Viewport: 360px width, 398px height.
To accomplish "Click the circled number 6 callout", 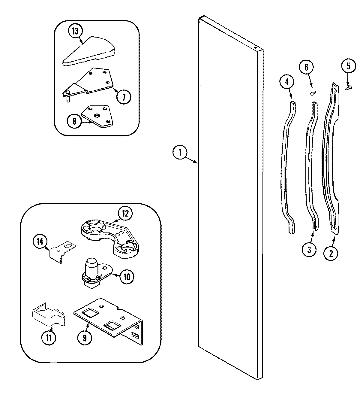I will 306,67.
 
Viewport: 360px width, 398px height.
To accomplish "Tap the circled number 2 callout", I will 331,253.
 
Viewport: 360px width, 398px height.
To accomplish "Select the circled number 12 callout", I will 125,213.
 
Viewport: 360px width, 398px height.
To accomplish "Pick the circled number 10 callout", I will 127,277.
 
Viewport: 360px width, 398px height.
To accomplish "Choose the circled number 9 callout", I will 85,338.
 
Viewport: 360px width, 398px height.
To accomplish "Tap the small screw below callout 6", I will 313,93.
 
